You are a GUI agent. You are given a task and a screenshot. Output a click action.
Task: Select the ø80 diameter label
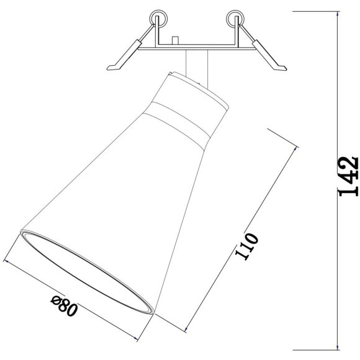(65, 307)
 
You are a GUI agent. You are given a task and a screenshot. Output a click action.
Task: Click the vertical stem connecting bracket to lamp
(194, 65)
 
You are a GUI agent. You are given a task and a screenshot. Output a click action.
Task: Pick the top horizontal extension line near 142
(313, 12)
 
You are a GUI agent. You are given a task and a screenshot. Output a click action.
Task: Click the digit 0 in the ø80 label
(71, 310)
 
